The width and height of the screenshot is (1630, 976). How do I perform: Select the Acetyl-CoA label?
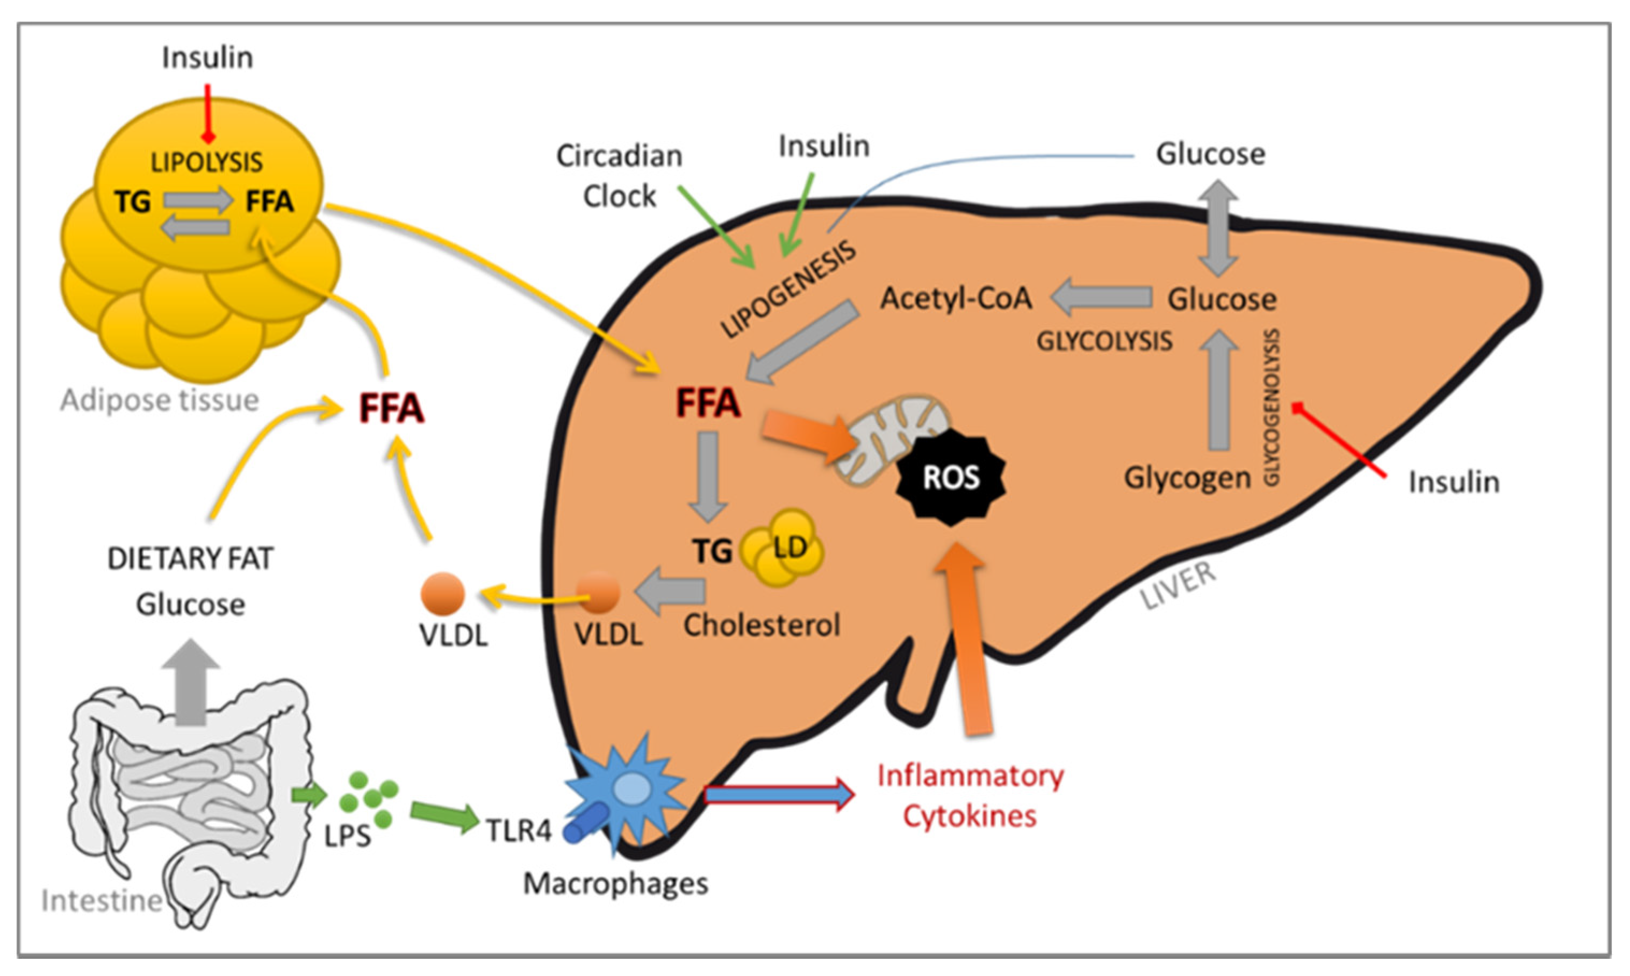(x=956, y=299)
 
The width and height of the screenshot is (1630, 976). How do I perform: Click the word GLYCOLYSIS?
(x=1104, y=341)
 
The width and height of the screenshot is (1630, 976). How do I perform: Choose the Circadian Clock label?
(x=620, y=176)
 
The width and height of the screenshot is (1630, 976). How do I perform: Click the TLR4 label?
(x=519, y=831)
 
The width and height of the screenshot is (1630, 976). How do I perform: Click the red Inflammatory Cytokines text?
(x=970, y=796)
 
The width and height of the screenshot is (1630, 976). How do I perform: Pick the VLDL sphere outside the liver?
(x=442, y=593)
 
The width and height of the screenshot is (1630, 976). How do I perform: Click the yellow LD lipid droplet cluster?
(x=782, y=548)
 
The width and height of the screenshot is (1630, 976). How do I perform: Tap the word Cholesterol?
(x=762, y=626)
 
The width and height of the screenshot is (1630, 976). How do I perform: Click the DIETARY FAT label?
(x=190, y=559)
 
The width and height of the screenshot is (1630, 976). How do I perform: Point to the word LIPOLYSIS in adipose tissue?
(x=206, y=162)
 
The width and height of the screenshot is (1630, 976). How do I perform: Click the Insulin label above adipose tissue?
(x=208, y=58)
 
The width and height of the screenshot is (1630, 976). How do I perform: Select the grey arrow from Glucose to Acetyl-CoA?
(x=1102, y=297)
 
